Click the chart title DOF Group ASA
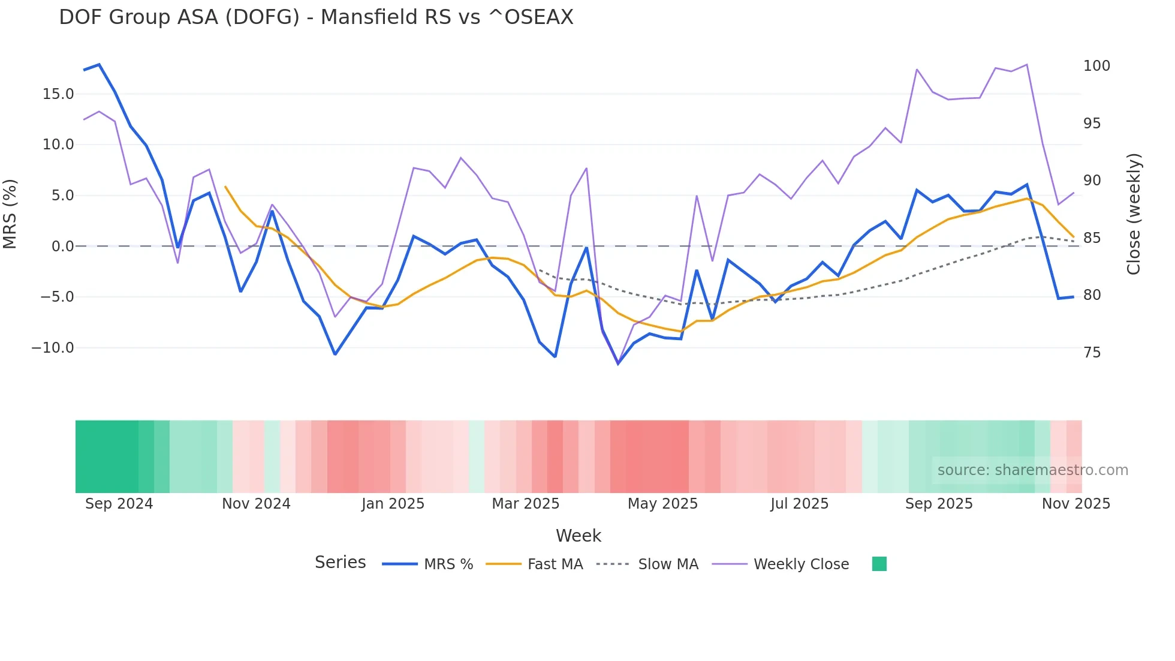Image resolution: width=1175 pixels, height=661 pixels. pyautogui.click(x=316, y=17)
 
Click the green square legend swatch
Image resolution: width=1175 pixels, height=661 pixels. pyautogui.click(x=879, y=564)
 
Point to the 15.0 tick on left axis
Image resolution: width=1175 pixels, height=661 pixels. pyautogui.click(x=58, y=94)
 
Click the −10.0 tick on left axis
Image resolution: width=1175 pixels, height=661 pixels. pyautogui.click(x=53, y=348)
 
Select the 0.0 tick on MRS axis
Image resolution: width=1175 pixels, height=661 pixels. pyautogui.click(x=62, y=247)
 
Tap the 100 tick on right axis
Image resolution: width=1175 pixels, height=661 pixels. pyautogui.click(x=1096, y=66)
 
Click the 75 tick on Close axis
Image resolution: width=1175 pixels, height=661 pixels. pyautogui.click(x=1092, y=353)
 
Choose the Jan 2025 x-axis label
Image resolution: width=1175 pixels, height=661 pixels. pyautogui.click(x=393, y=504)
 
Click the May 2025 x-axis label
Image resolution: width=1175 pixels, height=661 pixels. pyautogui.click(x=662, y=504)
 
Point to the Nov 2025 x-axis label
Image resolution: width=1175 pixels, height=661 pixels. pyautogui.click(x=1075, y=504)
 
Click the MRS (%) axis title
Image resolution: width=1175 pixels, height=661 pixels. pyautogui.click(x=10, y=214)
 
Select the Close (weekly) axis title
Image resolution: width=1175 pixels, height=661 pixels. pyautogui.click(x=1133, y=214)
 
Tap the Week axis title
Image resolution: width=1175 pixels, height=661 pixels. pyautogui.click(x=578, y=536)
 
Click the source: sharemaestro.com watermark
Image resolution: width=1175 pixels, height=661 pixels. pyautogui.click(x=1032, y=470)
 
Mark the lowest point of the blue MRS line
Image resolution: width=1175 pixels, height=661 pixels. pyautogui.click(x=618, y=363)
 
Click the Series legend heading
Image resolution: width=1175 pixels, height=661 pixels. pyautogui.click(x=340, y=563)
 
